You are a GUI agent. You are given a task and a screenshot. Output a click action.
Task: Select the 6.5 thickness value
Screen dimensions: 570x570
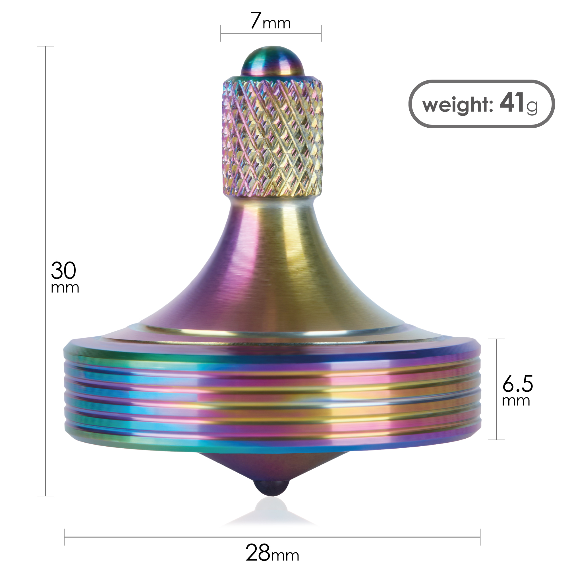[517, 384]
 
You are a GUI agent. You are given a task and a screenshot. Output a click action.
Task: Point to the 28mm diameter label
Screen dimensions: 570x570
[272, 553]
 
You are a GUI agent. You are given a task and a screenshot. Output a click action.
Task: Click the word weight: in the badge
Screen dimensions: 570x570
[458, 105]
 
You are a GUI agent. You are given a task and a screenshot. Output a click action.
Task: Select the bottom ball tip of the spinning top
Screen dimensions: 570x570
[272, 489]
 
